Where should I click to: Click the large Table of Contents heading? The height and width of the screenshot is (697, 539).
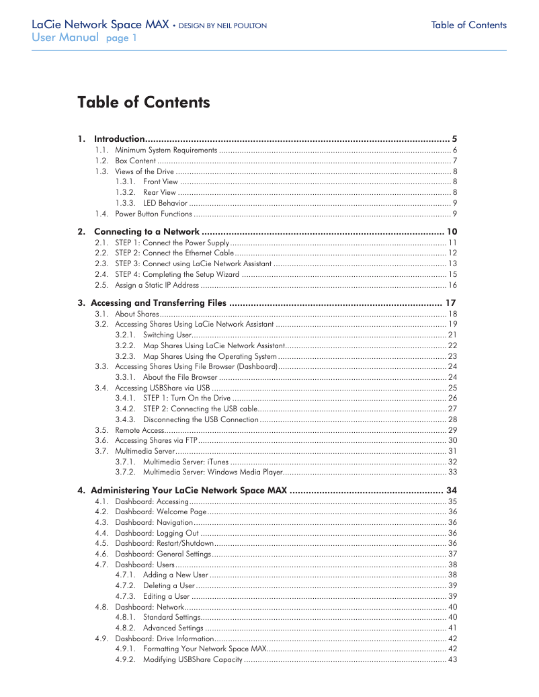coord(143,102)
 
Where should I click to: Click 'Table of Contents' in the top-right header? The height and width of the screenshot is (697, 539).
coord(468,26)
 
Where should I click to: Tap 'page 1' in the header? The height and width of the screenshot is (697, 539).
coord(121,38)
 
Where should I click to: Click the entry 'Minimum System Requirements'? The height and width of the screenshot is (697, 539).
coord(166,150)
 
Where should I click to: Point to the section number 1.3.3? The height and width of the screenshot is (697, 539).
coord(126,203)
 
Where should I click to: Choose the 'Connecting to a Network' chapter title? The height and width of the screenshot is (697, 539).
coord(147,231)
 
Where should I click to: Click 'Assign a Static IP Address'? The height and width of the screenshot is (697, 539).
coord(157,285)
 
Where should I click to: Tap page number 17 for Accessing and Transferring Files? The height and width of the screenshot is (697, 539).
coord(451,302)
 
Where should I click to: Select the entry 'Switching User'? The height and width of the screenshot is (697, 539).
coord(167,335)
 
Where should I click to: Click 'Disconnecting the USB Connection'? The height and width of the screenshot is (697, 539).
coord(200,419)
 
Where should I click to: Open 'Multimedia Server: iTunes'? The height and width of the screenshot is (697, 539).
coord(185,462)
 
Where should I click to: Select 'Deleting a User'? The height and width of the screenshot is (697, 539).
coord(169,585)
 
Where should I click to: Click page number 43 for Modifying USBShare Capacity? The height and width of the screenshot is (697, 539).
coord(452,659)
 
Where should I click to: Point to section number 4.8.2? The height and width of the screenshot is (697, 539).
coord(126,628)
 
